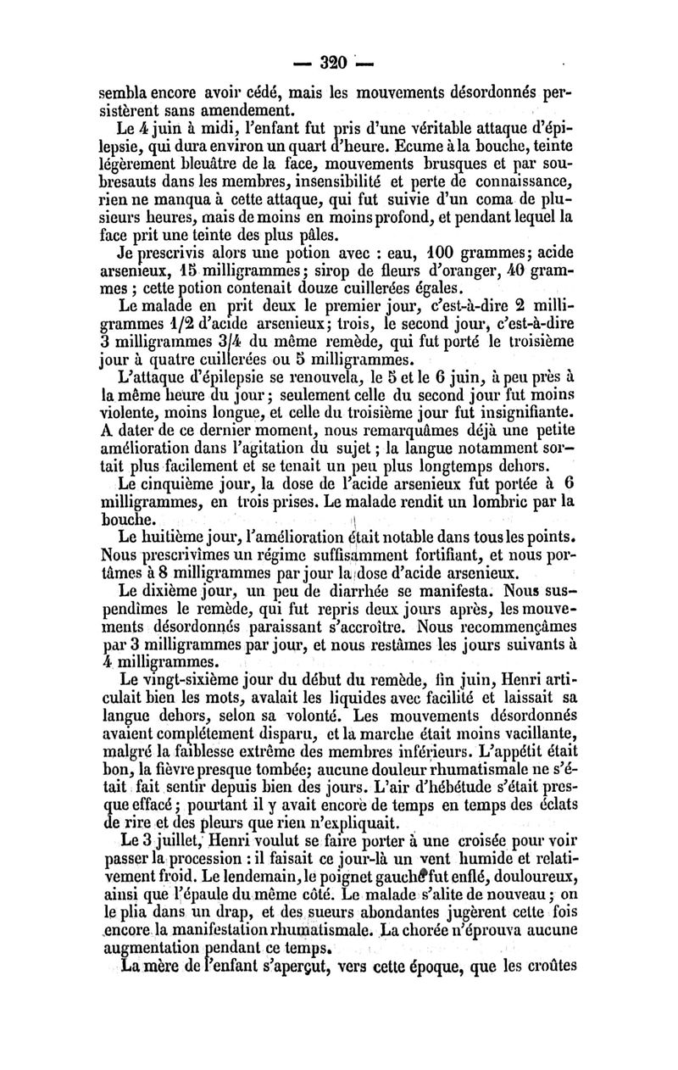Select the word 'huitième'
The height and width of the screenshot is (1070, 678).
(x=175, y=538)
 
